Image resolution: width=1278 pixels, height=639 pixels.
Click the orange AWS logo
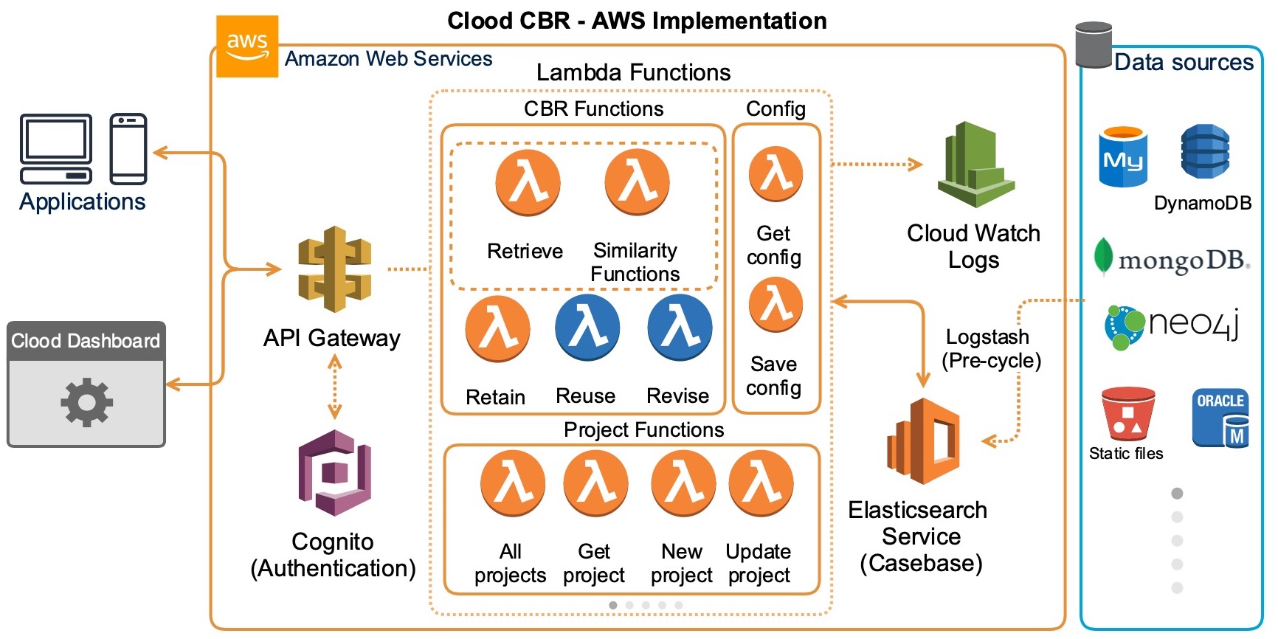click(246, 46)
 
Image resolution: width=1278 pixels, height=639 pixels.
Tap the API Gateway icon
click(334, 269)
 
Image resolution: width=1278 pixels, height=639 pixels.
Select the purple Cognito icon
click(334, 472)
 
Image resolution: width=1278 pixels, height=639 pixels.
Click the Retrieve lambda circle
click(527, 182)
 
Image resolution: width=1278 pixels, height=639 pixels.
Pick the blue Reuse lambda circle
click(587, 328)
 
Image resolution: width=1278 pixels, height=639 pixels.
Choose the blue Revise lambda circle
click(680, 328)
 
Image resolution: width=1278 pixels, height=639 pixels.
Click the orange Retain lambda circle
click(497, 329)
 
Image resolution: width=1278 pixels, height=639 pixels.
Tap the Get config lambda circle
click(776, 174)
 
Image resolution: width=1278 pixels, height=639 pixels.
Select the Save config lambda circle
click(776, 304)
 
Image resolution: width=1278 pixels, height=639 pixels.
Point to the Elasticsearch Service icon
click(924, 441)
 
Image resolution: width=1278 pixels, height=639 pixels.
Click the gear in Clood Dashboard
click(86, 402)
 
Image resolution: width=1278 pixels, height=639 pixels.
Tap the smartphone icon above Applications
click(128, 148)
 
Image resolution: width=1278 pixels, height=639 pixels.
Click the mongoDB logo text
click(1183, 260)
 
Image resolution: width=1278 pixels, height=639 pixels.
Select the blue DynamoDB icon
click(1204, 151)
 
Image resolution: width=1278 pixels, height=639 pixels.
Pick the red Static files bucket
click(1127, 414)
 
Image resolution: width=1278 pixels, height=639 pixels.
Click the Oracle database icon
click(1220, 418)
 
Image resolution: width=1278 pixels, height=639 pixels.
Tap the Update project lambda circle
click(761, 484)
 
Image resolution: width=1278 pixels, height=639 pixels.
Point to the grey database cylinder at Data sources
click(1094, 44)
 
